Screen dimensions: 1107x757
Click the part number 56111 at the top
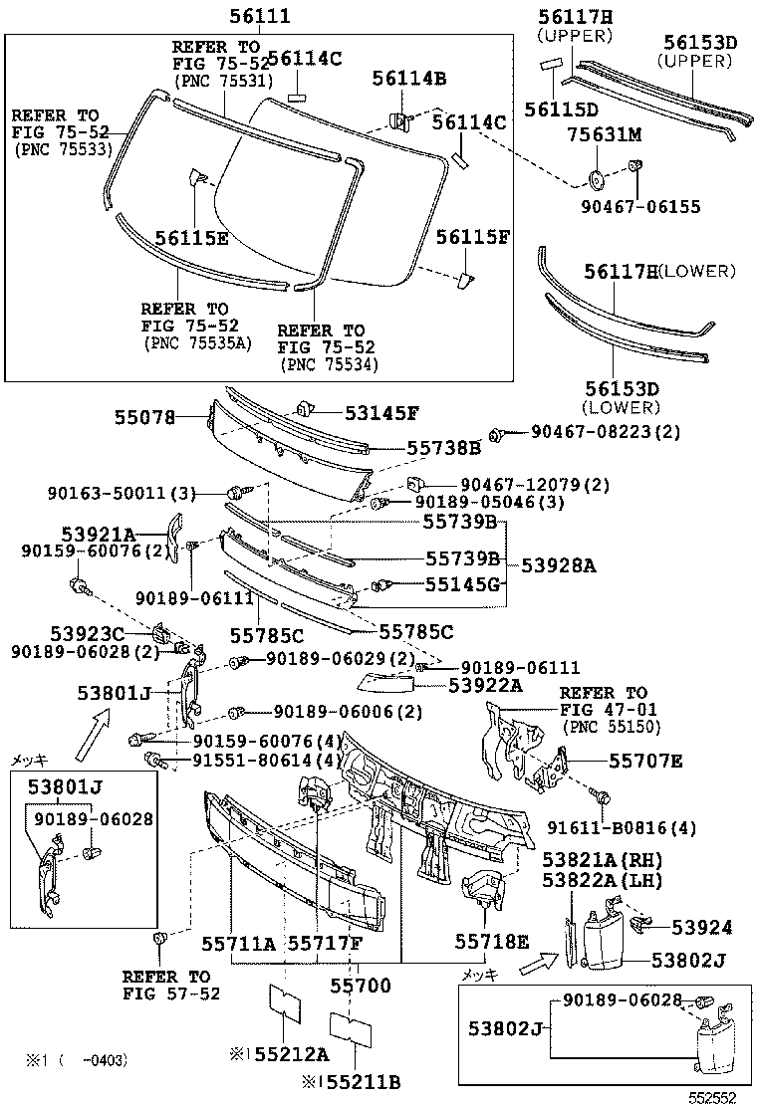click(x=260, y=17)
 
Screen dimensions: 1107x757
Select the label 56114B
click(x=409, y=80)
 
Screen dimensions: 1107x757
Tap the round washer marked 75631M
click(x=597, y=181)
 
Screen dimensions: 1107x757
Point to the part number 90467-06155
click(x=642, y=208)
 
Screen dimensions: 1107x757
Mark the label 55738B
click(x=443, y=449)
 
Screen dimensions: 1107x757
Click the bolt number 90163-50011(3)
click(x=122, y=493)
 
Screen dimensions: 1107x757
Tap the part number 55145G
click(x=462, y=584)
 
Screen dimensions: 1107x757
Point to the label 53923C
click(x=88, y=633)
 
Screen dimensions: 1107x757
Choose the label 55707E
click(x=646, y=761)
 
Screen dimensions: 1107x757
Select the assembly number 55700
click(x=361, y=986)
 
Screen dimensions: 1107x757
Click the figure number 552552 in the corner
click(x=714, y=1097)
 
